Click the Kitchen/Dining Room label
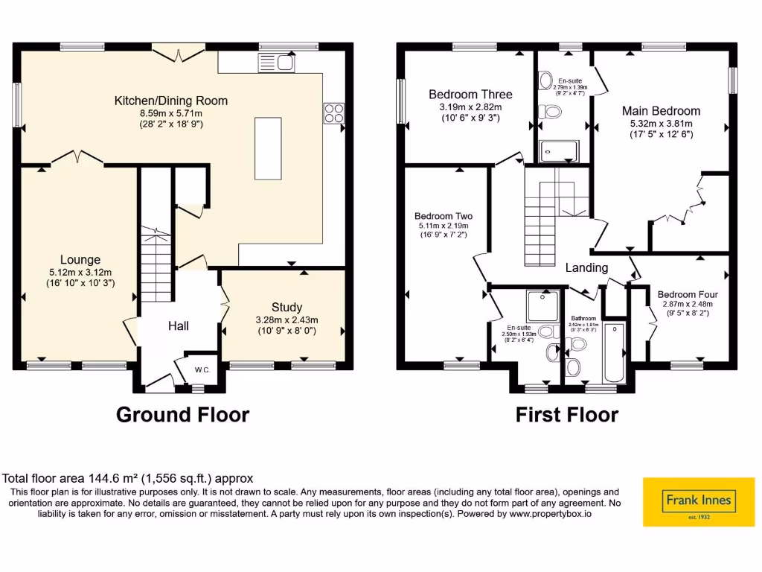[171, 101]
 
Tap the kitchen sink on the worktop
[276, 63]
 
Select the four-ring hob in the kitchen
[333, 112]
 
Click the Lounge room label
[80, 260]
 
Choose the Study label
[286, 307]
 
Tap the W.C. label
[202, 369]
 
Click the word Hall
[178, 325]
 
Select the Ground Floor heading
[182, 415]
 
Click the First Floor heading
[567, 415]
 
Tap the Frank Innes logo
[698, 503]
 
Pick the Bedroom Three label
[470, 95]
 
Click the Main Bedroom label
[661, 111]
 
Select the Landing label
[586, 268]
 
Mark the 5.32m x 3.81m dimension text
[661, 124]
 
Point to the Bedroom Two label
[444, 217]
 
